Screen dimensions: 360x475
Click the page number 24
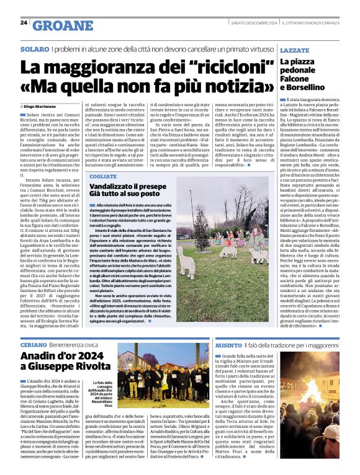tap(24, 22)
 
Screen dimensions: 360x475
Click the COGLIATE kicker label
tap(102, 177)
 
